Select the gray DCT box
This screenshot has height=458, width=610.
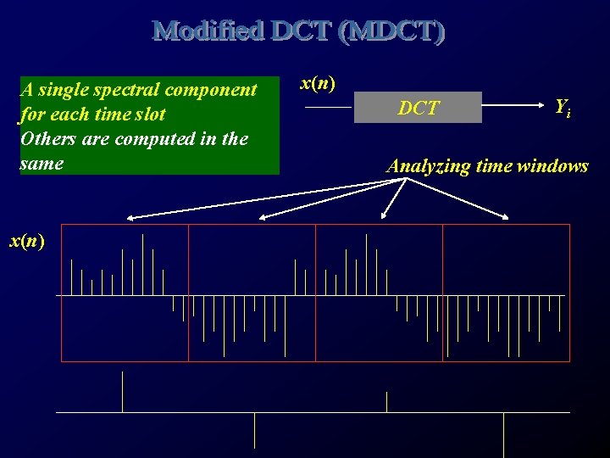[418, 108]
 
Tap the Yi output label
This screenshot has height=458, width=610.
[562, 108]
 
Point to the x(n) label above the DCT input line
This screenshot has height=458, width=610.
[318, 83]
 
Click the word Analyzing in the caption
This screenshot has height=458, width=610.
[428, 166]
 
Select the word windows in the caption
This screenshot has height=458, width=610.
[555, 166]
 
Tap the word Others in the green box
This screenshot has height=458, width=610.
[47, 139]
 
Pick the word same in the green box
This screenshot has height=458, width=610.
[41, 163]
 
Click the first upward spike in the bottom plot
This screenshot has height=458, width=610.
[123, 392]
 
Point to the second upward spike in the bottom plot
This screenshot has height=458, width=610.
[387, 402]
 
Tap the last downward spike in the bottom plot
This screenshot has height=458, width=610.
[504, 433]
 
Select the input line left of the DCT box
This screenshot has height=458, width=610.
[328, 108]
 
